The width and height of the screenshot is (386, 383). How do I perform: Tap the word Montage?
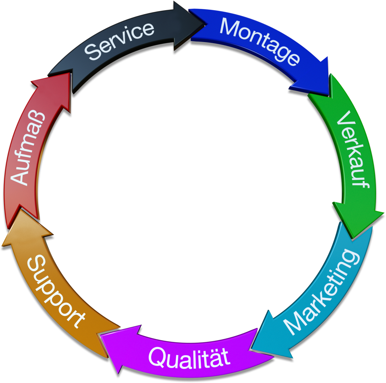259,41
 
